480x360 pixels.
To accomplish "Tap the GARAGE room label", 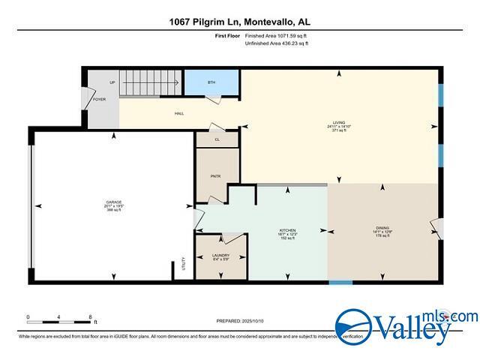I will tap(113, 202).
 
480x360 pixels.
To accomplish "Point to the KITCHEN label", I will tap(288, 230).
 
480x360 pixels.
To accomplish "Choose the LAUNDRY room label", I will tap(220, 255).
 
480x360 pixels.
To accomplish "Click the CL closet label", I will tap(217, 139).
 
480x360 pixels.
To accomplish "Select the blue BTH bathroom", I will tap(211, 81).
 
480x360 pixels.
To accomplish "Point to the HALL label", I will tap(180, 113).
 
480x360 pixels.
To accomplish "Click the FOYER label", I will tap(100, 99).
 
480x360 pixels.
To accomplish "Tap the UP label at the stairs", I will tap(112, 82).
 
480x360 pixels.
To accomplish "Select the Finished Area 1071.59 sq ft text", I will tap(277, 35).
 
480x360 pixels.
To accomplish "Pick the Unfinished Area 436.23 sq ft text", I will tap(277, 43).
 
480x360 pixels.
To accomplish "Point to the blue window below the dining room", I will tap(340, 283).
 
